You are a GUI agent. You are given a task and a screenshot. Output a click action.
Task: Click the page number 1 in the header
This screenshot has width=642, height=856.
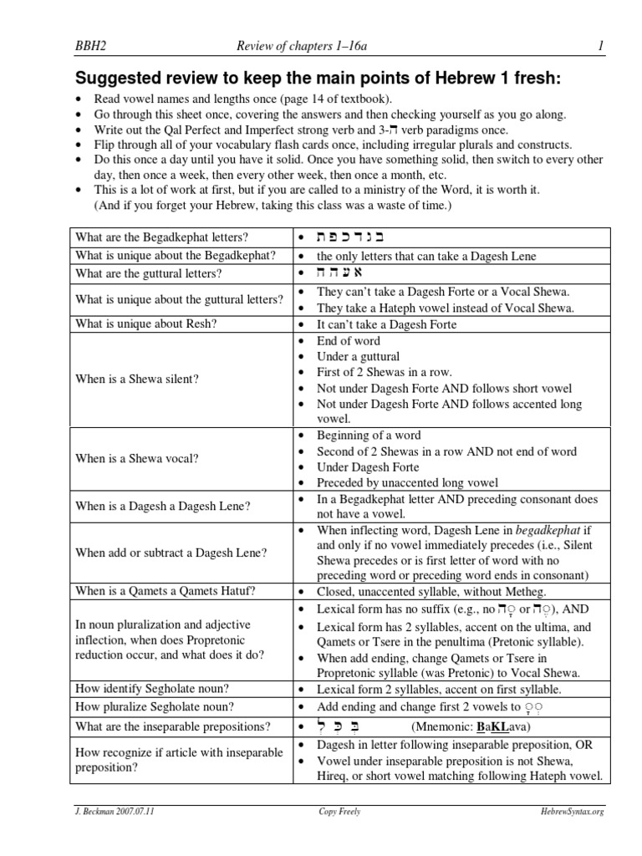599,48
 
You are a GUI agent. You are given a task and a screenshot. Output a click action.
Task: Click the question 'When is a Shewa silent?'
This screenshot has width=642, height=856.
137,380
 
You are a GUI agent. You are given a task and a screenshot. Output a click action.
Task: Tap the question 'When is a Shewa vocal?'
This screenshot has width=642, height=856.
135,458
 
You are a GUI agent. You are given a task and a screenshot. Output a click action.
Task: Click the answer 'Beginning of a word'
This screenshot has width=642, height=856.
369,436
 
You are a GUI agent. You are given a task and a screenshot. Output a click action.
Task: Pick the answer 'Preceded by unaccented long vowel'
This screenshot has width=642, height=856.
407,482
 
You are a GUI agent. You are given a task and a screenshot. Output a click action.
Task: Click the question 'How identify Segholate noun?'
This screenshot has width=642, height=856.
152,689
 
